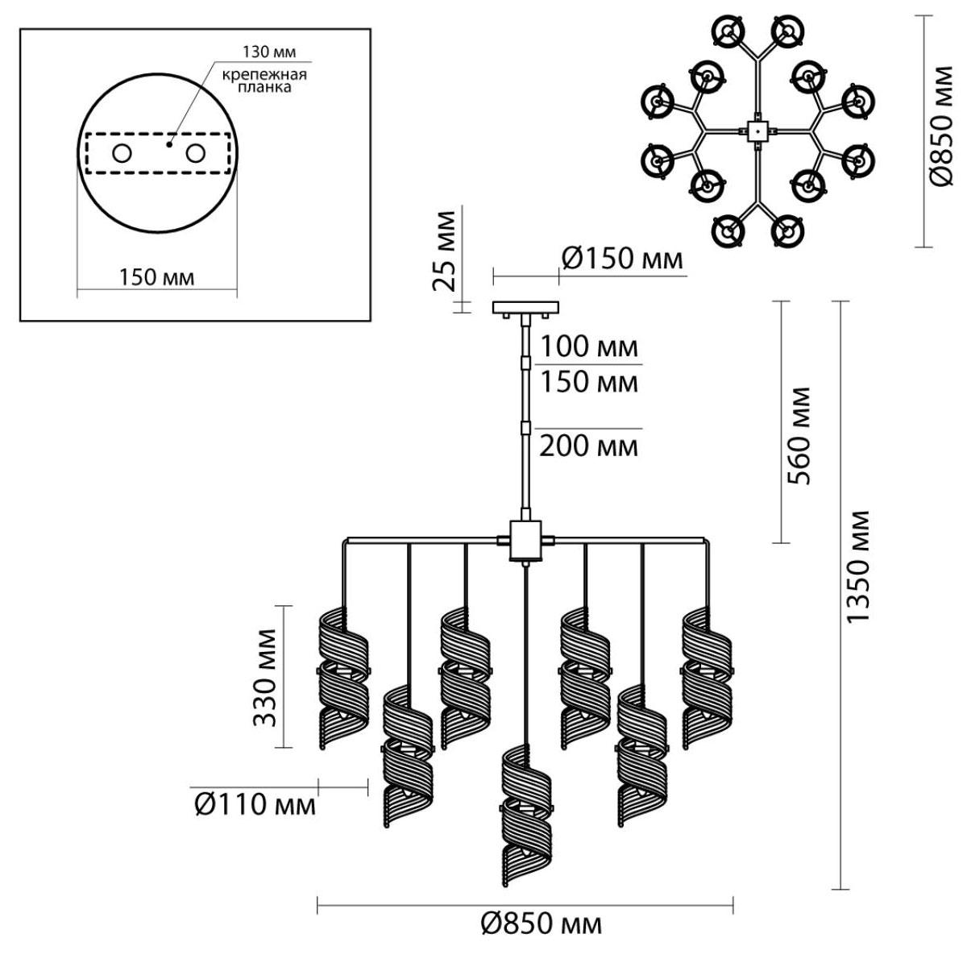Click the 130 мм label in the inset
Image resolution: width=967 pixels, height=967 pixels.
point(269,52)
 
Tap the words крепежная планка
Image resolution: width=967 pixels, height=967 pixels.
point(264,81)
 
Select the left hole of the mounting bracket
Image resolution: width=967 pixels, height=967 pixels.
point(122,153)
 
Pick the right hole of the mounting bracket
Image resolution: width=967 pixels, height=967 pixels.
point(195,153)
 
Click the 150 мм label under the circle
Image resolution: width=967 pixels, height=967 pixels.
point(156,277)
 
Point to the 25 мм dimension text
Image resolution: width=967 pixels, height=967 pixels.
point(444,251)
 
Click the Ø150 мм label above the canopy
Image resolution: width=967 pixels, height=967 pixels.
point(622,259)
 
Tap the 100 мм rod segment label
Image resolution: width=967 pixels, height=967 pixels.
point(588,347)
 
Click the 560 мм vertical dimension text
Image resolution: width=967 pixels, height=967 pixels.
point(799,436)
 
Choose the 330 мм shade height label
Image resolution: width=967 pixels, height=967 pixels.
point(264,678)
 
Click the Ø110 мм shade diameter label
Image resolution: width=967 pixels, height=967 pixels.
point(255,806)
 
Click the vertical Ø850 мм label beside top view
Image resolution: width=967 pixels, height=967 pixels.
point(941,126)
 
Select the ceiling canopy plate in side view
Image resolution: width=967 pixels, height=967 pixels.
point(525,307)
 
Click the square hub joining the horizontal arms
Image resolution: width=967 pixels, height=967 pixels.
point(525,541)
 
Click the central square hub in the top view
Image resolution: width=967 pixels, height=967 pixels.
point(757,131)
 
